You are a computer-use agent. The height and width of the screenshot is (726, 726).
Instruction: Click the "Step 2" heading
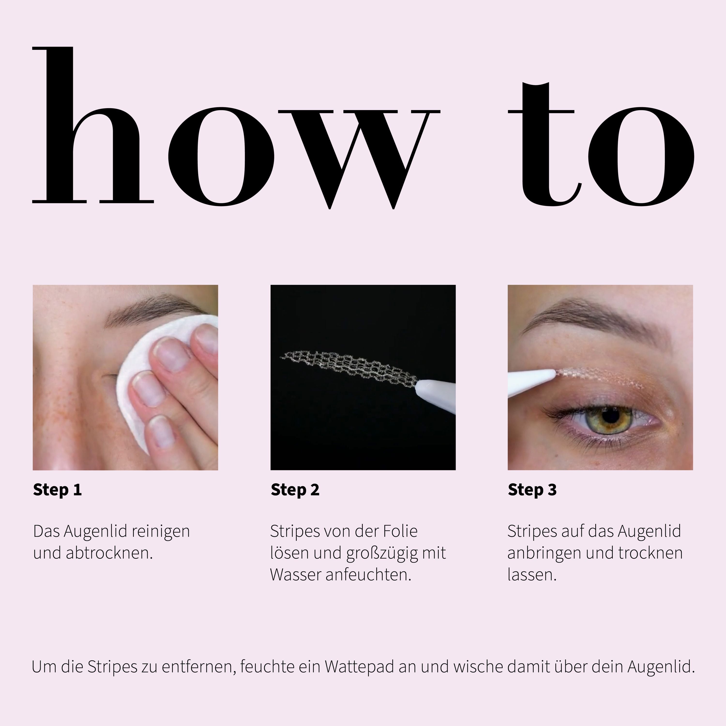point(295,490)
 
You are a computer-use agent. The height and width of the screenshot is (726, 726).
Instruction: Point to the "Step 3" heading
point(532,490)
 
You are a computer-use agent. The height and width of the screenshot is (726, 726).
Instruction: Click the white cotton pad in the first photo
point(135,379)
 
